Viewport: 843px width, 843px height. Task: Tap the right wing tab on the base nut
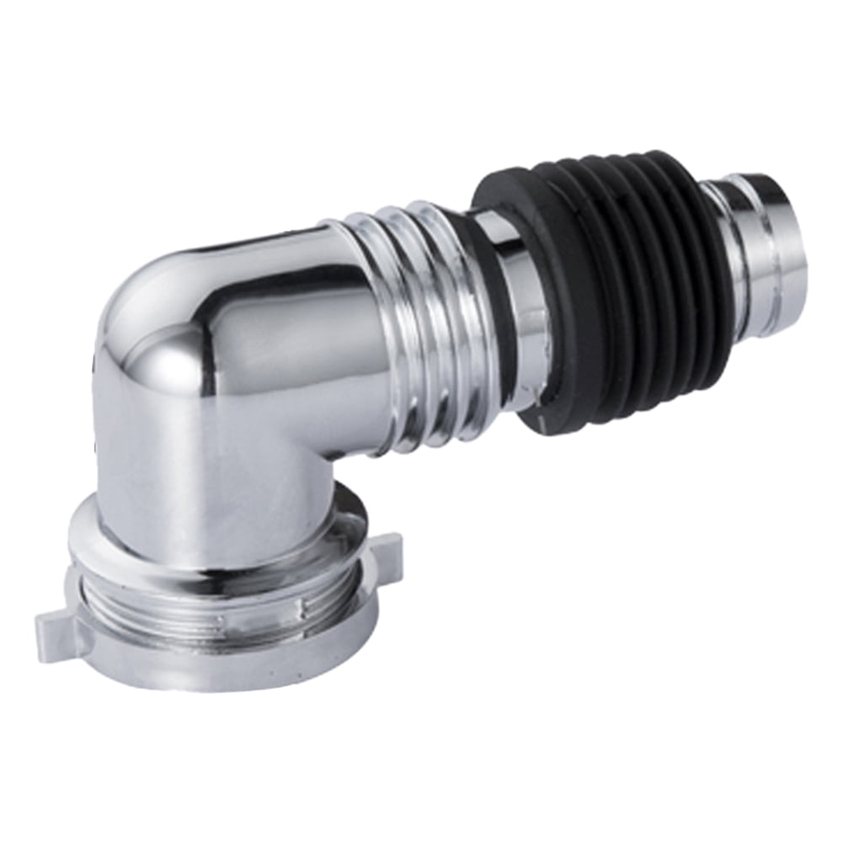click(385, 551)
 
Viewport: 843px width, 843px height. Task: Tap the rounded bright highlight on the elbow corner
click(173, 354)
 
